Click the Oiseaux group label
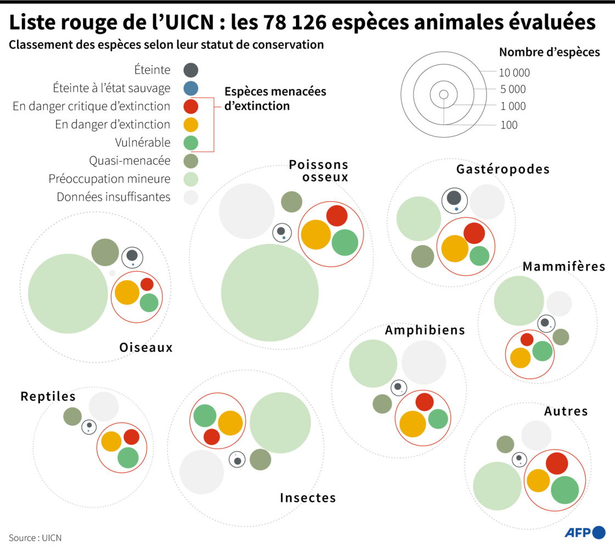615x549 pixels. point(146,348)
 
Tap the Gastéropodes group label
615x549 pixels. point(502,169)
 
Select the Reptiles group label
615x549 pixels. point(48,396)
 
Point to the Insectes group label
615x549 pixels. point(307,498)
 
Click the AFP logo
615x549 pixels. point(585,533)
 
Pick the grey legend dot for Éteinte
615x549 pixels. point(191,70)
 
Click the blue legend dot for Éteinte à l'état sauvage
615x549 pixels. point(191,88)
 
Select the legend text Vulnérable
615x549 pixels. point(142,143)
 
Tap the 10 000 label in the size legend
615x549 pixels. point(514,72)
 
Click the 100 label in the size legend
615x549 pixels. point(509,125)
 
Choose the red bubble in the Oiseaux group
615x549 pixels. point(147,284)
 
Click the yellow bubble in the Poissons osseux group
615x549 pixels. point(316,234)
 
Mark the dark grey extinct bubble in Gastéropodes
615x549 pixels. point(454,198)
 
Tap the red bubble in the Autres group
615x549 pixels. point(556,463)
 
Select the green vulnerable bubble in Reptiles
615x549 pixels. point(128,458)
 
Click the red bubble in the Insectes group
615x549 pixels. point(211,437)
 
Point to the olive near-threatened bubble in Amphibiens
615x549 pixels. point(382,404)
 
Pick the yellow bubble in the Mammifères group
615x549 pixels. point(520,357)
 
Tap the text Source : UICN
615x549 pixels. point(35,537)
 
